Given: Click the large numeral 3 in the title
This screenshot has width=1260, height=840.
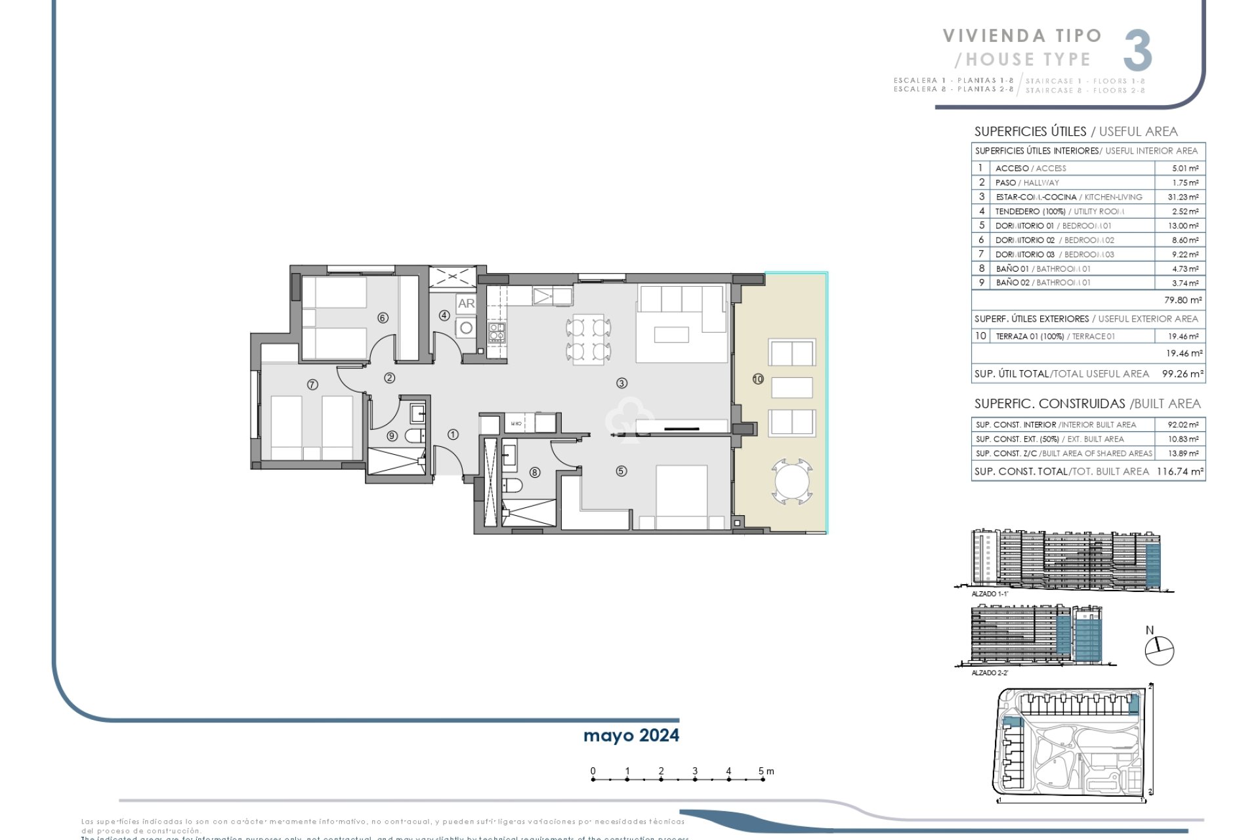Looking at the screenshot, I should [x=1137, y=51].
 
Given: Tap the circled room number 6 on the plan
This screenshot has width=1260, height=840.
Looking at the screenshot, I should [x=383, y=318].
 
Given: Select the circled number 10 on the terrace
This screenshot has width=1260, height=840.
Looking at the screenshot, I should [x=758, y=379].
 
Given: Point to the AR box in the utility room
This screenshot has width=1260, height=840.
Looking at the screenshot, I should [x=466, y=303].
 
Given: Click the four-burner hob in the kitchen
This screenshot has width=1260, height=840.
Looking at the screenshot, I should [x=496, y=333].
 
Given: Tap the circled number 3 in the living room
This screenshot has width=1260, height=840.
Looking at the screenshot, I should [x=621, y=383].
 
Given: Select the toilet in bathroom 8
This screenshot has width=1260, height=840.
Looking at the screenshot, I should [x=513, y=486].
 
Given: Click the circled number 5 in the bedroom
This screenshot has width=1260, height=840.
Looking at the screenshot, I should [x=621, y=471].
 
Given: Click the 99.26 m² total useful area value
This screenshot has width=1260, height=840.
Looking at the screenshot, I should [x=1183, y=374].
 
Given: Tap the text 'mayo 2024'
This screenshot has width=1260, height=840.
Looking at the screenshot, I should [x=631, y=736].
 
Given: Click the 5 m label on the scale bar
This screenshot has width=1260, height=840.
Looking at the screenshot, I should [x=765, y=771].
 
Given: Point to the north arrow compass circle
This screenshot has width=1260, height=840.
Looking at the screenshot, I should [x=1159, y=651].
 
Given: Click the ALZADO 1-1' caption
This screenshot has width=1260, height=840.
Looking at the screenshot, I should [x=989, y=594].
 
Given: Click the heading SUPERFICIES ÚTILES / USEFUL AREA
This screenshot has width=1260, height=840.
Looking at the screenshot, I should [x=1076, y=131].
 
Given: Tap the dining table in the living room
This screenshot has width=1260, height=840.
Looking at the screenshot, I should [x=588, y=339].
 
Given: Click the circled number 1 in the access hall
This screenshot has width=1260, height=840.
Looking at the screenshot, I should [x=453, y=434].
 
